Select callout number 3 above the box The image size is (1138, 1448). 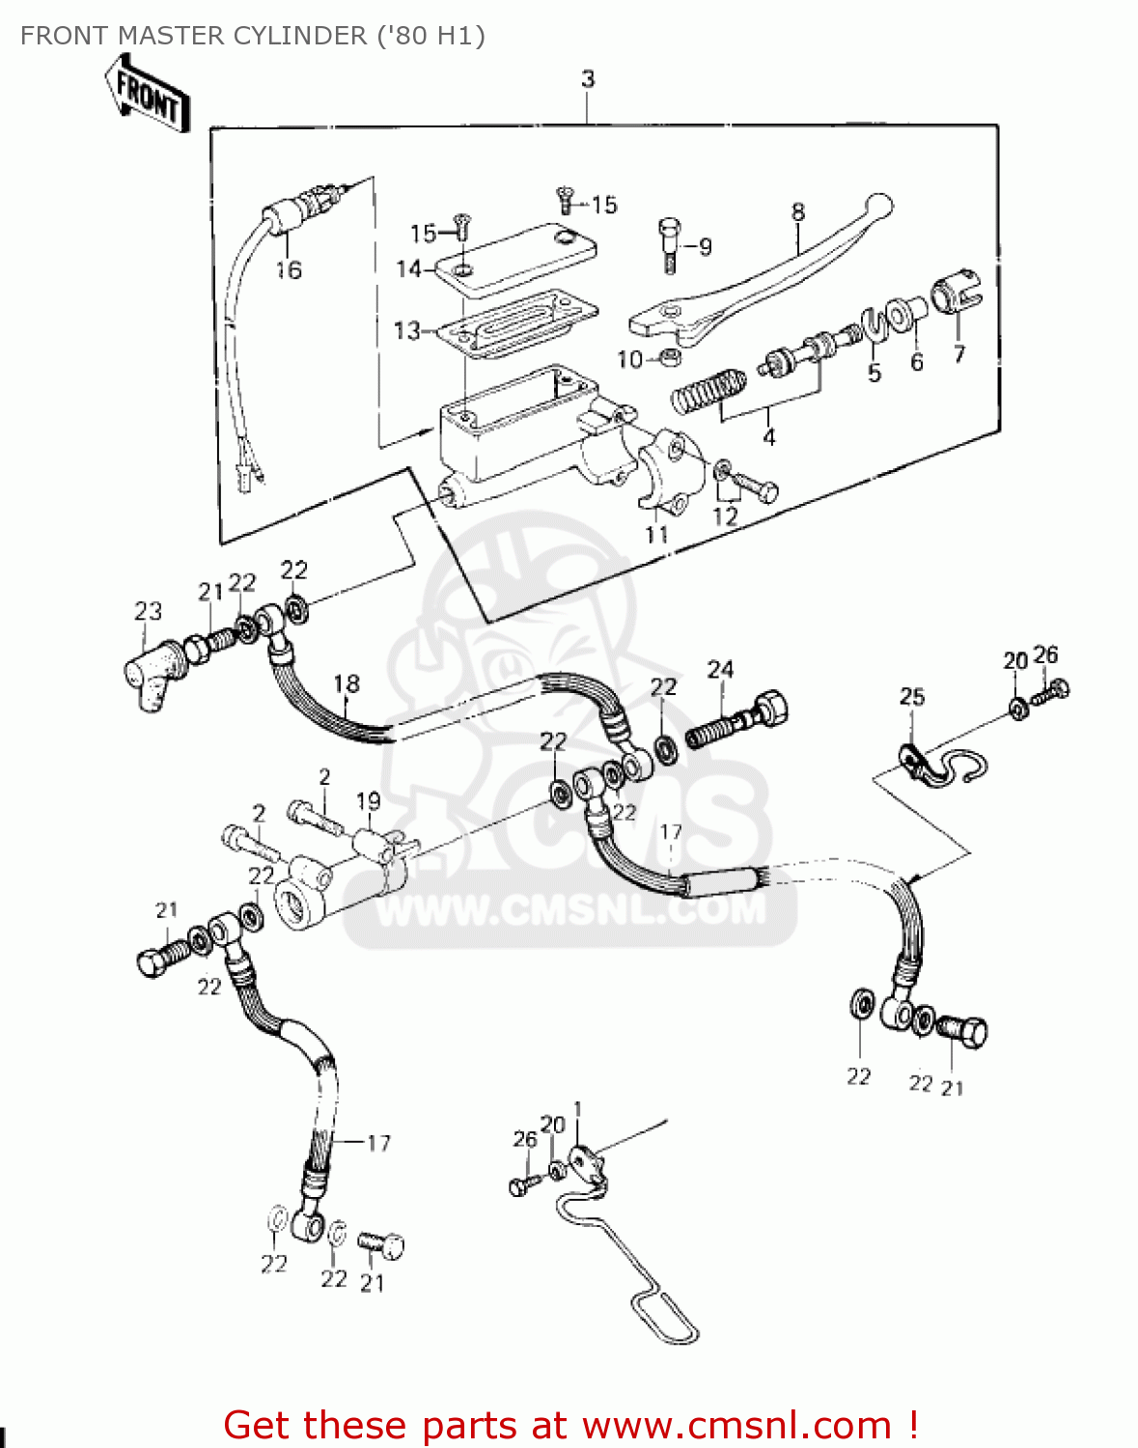(x=588, y=79)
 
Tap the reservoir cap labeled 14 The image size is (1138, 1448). (x=512, y=256)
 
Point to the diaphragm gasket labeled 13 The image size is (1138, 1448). (x=516, y=321)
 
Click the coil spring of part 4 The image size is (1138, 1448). (x=708, y=388)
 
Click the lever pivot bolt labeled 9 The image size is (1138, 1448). (x=669, y=241)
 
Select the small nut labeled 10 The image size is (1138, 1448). (x=667, y=358)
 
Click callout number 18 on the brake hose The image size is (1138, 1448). (x=347, y=683)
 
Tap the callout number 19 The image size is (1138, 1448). (x=368, y=800)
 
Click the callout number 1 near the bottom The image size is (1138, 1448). (x=577, y=1108)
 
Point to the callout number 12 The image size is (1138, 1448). (x=725, y=515)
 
